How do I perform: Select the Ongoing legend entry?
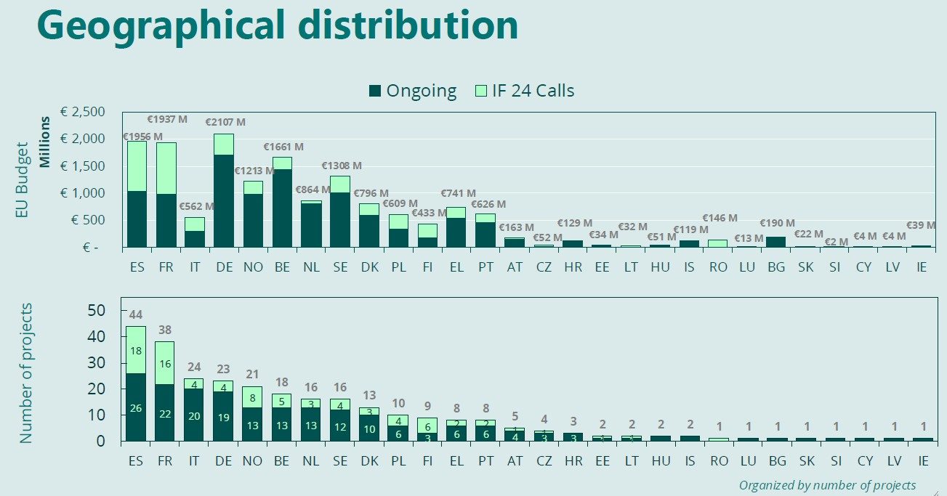413,91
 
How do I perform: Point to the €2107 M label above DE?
225,122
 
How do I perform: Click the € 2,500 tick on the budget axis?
83,112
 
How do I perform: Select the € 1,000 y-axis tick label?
83,193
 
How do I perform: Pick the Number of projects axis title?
26,374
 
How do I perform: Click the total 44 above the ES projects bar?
136,314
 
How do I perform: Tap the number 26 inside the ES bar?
136,408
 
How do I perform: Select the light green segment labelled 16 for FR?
165,363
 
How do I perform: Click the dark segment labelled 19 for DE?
223,417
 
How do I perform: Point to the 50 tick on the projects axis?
97,311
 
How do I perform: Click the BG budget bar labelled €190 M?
776,242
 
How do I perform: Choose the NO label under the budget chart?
253,267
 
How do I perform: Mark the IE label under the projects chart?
922,461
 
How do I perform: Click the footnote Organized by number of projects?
827,485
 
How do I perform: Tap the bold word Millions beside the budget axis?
46,142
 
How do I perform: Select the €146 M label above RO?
720,218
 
